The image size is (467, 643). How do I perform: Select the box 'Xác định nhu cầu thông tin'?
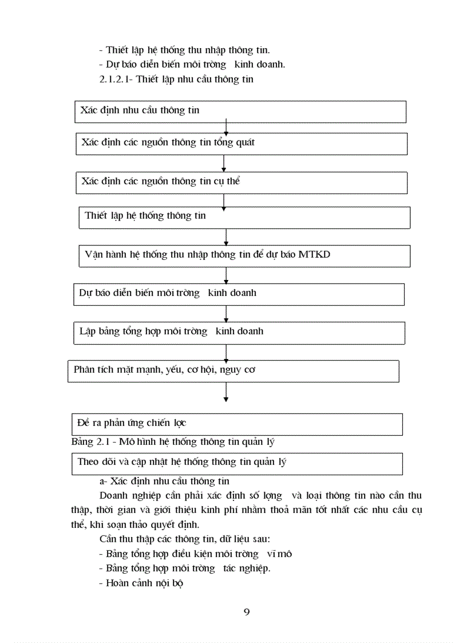pos(240,112)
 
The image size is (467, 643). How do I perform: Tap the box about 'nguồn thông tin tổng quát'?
pos(242,144)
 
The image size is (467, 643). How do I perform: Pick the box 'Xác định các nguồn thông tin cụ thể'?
pos(242,183)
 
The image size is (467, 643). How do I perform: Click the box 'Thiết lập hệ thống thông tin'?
pos(244,218)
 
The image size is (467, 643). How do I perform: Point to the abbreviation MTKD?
pos(315,255)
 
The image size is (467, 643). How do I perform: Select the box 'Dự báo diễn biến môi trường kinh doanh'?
pos(239,294)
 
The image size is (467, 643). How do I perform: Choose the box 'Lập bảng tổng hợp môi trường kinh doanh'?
pos(239,333)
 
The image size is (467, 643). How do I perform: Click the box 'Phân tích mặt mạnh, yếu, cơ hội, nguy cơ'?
pos(233,370)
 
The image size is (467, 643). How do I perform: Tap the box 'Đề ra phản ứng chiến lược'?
pos(237,424)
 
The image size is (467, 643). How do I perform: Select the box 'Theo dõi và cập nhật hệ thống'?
pos(237,463)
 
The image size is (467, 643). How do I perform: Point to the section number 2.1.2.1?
pos(116,80)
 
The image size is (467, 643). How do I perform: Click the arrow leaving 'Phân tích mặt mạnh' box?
pos(227,392)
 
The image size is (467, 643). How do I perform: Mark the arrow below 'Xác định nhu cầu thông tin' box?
pos(227,128)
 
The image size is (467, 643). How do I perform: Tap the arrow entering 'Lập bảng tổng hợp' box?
pos(227,313)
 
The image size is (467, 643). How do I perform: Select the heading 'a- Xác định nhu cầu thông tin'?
pos(164,482)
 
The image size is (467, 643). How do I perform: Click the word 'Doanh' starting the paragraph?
pos(113,495)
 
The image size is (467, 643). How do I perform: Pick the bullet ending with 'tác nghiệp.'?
pos(185,569)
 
